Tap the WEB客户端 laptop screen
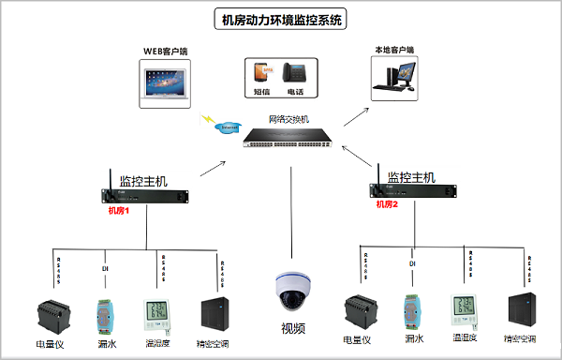click(x=164, y=80)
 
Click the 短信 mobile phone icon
click(x=261, y=73)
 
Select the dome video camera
click(x=291, y=290)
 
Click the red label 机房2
click(x=387, y=203)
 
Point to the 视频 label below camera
click(x=293, y=328)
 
